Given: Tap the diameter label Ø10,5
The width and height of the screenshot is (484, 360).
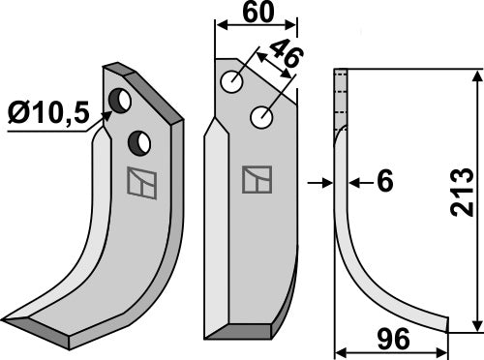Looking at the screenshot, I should coord(45,115).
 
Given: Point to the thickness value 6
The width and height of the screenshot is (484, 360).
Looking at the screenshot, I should coord(383,182).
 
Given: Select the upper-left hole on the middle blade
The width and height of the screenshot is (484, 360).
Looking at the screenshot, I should coord(231,84).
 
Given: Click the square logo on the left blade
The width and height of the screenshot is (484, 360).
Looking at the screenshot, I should coord(140,183).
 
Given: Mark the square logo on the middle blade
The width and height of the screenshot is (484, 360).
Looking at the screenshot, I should coord(257,180).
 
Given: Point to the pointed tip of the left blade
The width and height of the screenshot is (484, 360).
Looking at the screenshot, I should coord(8,318).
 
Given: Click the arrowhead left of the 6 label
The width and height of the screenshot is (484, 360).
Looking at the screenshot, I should coord(328,181).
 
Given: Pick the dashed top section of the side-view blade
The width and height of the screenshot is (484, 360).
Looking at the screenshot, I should coord(340,97).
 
